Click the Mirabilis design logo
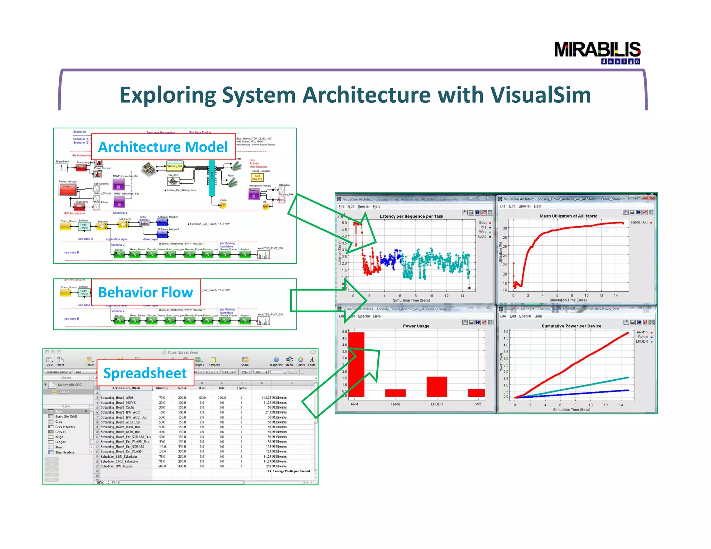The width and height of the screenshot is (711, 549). click(597, 52)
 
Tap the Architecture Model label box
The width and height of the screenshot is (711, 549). click(163, 147)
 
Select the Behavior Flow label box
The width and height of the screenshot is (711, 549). click(146, 292)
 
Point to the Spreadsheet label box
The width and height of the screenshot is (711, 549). click(145, 373)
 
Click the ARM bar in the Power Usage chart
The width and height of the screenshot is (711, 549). click(356, 364)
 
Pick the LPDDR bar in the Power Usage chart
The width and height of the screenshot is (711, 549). click(436, 387)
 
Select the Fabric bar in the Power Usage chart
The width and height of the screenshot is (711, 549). click(395, 393)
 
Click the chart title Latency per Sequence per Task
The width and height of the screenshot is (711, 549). click(411, 216)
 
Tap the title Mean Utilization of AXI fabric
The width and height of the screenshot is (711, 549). click(568, 216)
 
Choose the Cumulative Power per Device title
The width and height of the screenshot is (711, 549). click(571, 326)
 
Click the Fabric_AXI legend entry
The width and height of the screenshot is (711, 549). click(639, 222)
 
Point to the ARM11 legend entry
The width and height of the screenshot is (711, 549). click(642, 332)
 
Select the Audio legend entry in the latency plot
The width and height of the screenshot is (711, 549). click(482, 236)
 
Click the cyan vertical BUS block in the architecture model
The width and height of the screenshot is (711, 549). click(211, 178)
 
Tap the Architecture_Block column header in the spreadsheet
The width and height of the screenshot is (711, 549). click(126, 388)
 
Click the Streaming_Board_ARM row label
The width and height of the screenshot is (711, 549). click(117, 398)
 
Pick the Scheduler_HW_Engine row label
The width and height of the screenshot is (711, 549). click(116, 466)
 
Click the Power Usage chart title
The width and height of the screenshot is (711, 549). click(416, 326)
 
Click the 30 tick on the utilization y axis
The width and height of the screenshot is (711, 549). click(505, 228)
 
